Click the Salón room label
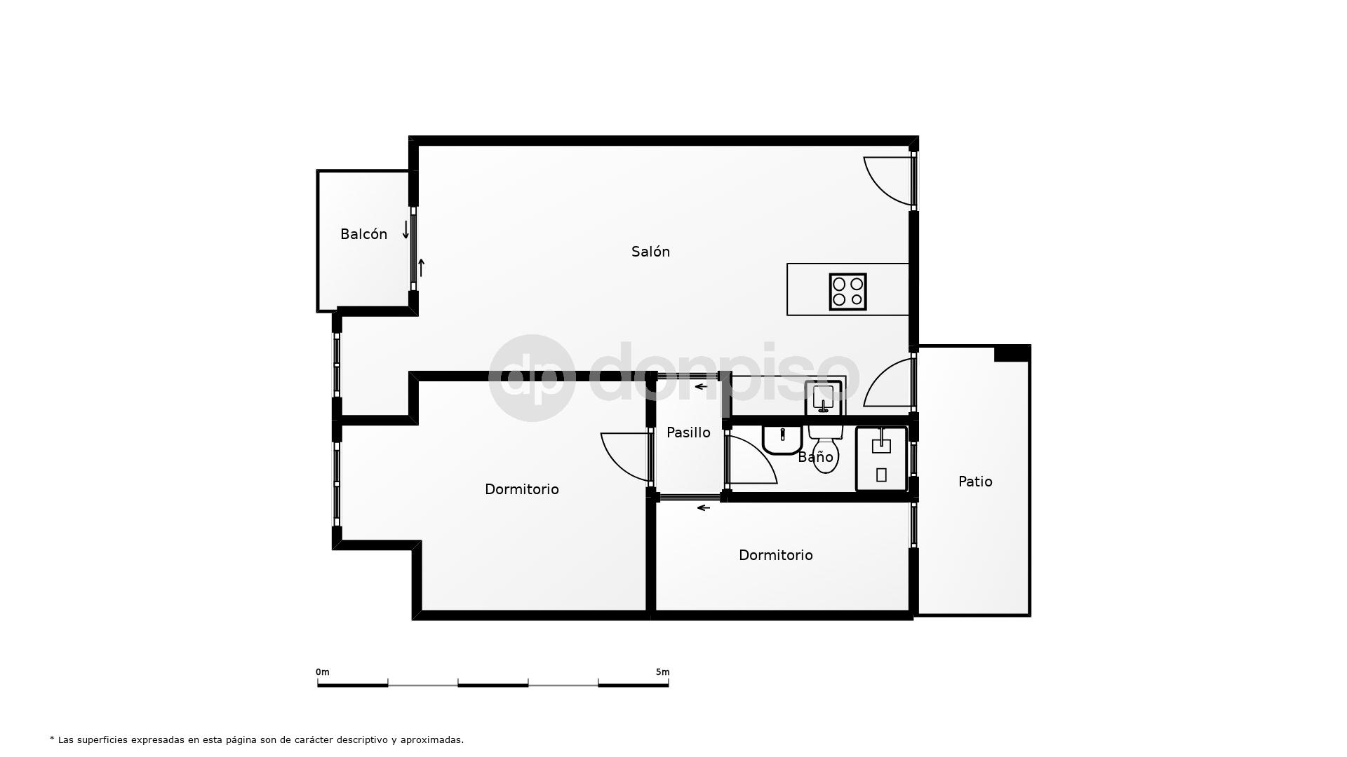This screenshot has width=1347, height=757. pyautogui.click(x=650, y=252)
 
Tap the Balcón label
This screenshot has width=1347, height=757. pyautogui.click(x=363, y=234)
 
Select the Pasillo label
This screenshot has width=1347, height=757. pyautogui.click(x=688, y=432)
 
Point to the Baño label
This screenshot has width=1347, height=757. pyautogui.click(x=815, y=458)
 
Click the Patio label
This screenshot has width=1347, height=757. pyautogui.click(x=975, y=482)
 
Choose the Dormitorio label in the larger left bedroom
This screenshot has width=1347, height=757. pyautogui.click(x=521, y=489)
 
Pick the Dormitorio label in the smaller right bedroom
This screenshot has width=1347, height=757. pyautogui.click(x=775, y=555)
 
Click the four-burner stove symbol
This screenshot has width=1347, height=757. pyautogui.click(x=847, y=292)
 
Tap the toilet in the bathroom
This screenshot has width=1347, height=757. pyautogui.click(x=825, y=449)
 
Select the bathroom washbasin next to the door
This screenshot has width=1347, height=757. pyautogui.click(x=782, y=439)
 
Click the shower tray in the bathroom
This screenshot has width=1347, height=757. pyautogui.click(x=881, y=459)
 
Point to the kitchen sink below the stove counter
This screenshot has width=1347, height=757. pyautogui.click(x=823, y=397)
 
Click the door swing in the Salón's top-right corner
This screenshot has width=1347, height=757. pyautogui.click(x=887, y=180)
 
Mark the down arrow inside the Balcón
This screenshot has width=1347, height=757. pyautogui.click(x=406, y=230)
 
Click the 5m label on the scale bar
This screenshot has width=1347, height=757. pyautogui.click(x=662, y=672)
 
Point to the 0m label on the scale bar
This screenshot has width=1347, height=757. pyautogui.click(x=323, y=672)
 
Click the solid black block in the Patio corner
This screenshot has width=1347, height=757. pyautogui.click(x=1011, y=354)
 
